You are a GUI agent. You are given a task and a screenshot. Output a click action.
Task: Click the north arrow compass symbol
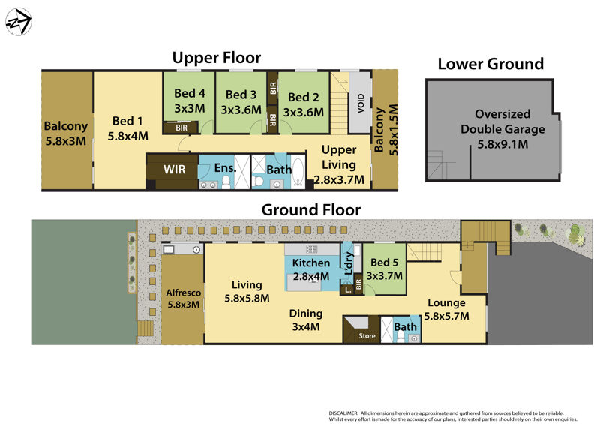[x=18, y=22]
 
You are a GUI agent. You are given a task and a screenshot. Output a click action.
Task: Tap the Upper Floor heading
[x=217, y=58]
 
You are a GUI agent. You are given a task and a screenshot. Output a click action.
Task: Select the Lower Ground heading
[x=490, y=64]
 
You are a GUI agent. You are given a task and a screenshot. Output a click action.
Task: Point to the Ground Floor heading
[x=311, y=210]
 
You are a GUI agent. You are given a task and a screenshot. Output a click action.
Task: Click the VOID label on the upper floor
[x=361, y=103]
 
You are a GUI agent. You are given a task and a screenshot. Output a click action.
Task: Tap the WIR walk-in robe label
[x=175, y=170]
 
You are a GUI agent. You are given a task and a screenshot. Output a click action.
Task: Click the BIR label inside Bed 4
[x=181, y=128]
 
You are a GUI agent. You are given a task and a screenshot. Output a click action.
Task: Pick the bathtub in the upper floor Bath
[x=298, y=171]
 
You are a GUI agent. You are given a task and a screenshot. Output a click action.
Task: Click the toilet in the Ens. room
[x=226, y=182]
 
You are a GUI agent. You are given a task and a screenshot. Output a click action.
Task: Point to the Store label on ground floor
[x=367, y=336]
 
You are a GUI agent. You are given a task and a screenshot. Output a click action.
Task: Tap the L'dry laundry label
[x=349, y=263]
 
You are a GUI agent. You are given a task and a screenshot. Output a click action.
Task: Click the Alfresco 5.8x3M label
[x=183, y=299]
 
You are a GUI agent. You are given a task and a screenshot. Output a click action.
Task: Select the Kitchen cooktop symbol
[x=312, y=249]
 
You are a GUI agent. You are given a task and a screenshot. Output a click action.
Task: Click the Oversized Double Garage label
[x=502, y=129]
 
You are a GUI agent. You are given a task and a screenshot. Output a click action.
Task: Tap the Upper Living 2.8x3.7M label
[x=339, y=164]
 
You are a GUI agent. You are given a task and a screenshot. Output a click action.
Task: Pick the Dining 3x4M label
[x=306, y=320]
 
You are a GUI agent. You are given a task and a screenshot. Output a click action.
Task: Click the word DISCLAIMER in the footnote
[x=343, y=413]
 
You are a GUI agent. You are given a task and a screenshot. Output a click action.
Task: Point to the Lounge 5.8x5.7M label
[x=446, y=309]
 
